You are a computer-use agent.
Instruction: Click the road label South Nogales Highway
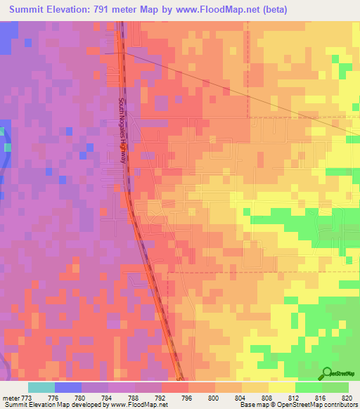click(x=122, y=131)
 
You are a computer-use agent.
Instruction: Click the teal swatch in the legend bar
click(x=41, y=387)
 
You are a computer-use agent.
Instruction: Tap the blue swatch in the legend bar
click(x=67, y=387)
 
